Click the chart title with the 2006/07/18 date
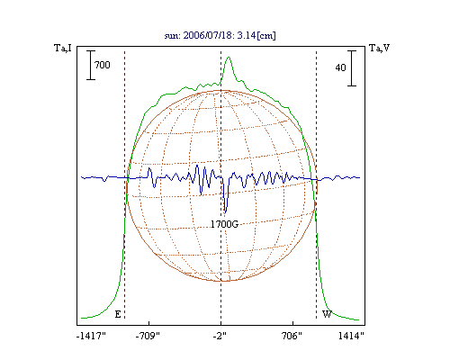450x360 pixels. click(220, 35)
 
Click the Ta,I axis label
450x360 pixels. click(63, 48)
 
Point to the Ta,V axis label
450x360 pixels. click(379, 48)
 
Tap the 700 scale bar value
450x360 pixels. click(103, 65)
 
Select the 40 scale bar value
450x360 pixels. click(340, 67)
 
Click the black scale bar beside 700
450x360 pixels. click(91, 65)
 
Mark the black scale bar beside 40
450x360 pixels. click(352, 68)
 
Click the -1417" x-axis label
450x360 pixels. click(91, 336)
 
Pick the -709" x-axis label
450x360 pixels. click(148, 336)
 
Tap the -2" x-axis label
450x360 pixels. click(220, 336)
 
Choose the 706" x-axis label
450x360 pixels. click(292, 336)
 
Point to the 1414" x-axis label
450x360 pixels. click(351, 336)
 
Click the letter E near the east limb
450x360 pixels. click(118, 314)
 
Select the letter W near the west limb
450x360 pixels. click(327, 314)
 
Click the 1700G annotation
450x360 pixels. click(224, 224)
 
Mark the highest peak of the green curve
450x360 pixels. click(229, 57)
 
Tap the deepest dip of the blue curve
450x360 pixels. click(226, 212)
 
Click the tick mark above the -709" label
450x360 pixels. click(149, 323)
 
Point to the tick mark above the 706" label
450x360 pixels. click(292, 323)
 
